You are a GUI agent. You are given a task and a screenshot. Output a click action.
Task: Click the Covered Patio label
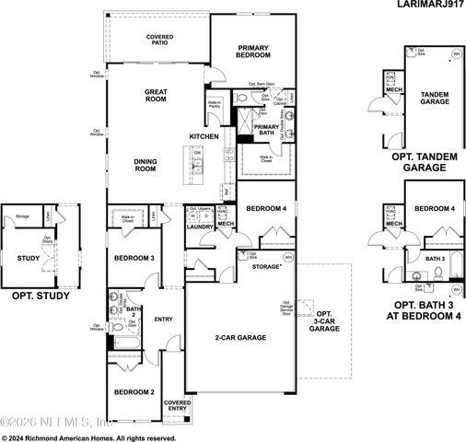[160, 41]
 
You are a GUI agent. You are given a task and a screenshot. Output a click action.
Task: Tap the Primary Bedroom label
[251, 51]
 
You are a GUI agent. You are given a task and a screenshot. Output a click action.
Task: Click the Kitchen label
[204, 136]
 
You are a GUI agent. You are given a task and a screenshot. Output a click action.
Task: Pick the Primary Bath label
[267, 131]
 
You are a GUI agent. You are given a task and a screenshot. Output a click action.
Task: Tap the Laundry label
[199, 227]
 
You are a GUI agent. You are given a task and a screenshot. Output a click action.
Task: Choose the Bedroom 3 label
[134, 259]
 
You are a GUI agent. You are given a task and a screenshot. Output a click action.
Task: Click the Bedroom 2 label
[134, 392]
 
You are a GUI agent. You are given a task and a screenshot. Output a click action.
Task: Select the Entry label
[164, 320]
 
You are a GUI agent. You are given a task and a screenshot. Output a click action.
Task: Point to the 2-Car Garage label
[242, 338]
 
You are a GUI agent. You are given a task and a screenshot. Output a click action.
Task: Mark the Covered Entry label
[177, 406]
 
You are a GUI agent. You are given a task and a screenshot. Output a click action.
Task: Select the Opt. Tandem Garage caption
[425, 163]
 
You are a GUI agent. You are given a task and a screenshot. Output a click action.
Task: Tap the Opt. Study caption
[35, 298]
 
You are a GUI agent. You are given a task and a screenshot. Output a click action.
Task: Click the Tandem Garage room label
[434, 99]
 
